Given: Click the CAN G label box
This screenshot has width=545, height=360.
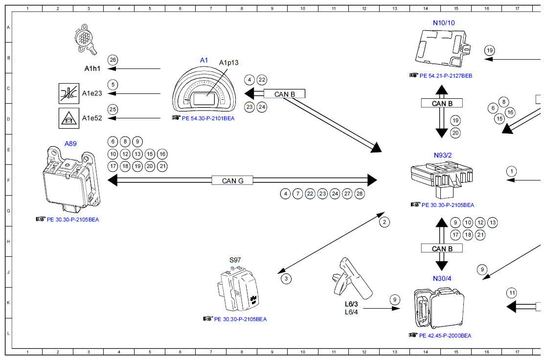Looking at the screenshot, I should point(232,180).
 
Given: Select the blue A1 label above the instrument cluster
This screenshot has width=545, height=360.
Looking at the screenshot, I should point(204,60).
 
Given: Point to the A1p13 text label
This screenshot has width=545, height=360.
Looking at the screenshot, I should point(228,63).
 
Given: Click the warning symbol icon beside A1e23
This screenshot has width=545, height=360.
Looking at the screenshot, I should point(66,93).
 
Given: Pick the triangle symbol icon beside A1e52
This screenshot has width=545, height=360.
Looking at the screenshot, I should point(66,118).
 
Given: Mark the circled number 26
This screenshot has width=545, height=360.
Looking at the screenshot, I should point(113,60).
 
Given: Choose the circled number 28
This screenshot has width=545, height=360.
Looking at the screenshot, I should point(360,194).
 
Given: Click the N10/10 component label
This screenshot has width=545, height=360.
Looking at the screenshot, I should point(444,22).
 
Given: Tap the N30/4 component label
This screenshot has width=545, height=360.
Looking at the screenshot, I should point(442,278).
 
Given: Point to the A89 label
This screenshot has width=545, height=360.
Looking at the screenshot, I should point(70,144).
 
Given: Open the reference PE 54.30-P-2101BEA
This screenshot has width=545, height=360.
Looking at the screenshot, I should point(208,118).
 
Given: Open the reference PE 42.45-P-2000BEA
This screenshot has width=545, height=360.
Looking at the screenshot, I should point(445,336).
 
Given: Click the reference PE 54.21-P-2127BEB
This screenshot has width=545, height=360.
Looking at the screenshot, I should point(446,76).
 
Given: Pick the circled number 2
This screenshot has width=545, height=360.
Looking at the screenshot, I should point(385,222).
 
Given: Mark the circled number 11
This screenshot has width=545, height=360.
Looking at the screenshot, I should point(512,293).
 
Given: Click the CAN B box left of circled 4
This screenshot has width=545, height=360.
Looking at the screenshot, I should point(284,94).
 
